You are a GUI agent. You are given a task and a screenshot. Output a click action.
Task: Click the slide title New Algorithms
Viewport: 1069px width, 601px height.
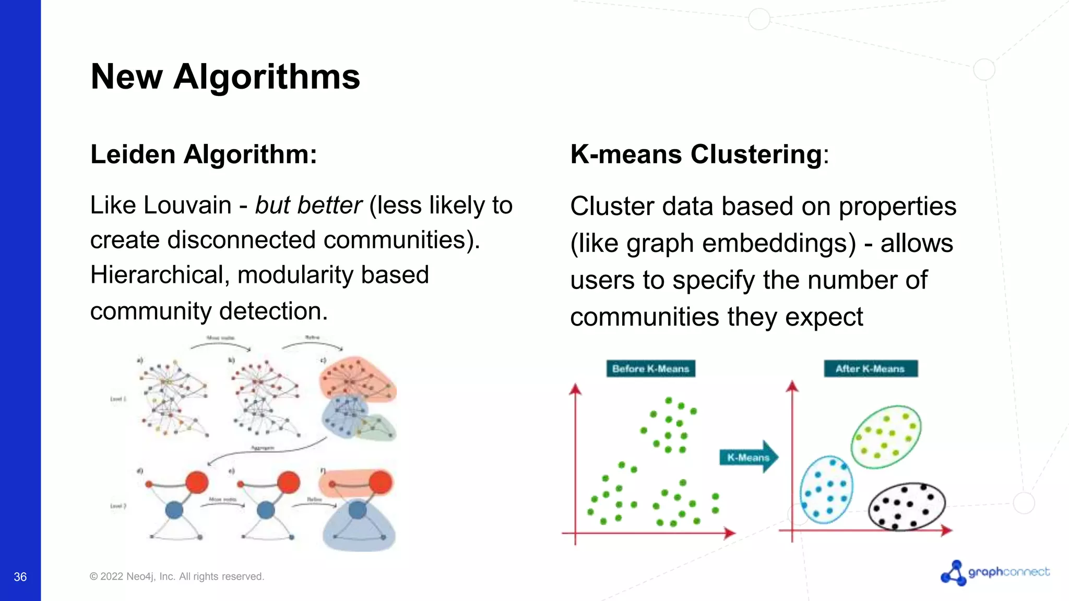225,77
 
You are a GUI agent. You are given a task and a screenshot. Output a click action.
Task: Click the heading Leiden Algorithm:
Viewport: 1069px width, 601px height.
204,154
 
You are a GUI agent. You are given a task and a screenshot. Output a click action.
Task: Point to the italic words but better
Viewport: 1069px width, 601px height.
308,205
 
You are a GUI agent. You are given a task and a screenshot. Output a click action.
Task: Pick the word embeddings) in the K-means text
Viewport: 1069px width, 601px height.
741,243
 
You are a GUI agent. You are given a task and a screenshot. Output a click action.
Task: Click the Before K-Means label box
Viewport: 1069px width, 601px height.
650,369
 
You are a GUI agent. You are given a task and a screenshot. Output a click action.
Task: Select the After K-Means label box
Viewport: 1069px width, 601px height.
870,369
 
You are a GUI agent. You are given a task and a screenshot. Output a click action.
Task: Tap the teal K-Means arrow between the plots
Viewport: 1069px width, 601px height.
749,457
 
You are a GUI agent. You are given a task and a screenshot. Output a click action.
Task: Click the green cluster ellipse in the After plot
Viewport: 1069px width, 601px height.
886,437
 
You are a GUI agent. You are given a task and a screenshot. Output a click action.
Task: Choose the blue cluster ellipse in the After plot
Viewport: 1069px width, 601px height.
826,489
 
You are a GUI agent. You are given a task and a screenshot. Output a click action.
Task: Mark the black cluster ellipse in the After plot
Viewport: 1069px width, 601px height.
907,506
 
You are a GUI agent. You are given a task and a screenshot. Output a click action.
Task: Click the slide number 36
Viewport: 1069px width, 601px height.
20,576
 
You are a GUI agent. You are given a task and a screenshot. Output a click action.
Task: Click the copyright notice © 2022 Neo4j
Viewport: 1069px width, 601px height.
176,576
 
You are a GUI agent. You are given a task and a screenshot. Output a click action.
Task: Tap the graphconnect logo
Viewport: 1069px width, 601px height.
995,573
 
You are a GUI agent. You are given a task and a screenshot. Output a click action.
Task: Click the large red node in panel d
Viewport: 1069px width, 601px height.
197,483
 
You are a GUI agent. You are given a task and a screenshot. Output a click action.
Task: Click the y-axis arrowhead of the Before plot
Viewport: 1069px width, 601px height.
575,389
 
